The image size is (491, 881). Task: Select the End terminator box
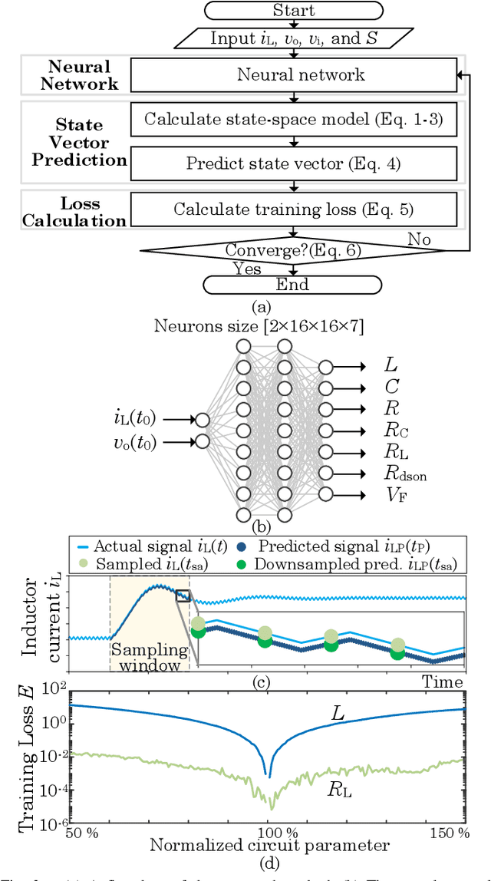point(293,285)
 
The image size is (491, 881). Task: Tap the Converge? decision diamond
point(293,250)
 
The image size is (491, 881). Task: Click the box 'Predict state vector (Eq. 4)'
point(293,163)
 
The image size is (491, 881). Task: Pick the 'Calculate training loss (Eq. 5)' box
point(293,209)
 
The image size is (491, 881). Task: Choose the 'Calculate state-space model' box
point(293,119)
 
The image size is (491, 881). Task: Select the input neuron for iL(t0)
point(203,420)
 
